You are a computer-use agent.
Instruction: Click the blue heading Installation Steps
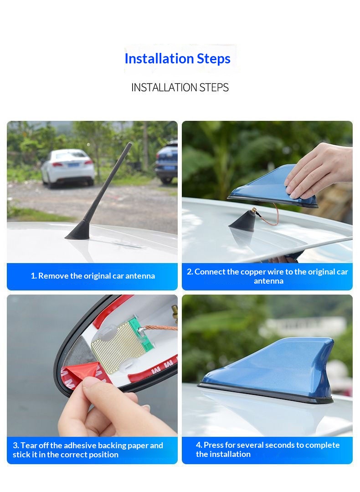tap(177, 59)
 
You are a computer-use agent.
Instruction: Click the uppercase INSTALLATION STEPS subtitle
tap(180, 87)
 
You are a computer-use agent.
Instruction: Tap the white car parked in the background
tap(68, 168)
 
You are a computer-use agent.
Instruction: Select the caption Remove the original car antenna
tap(93, 276)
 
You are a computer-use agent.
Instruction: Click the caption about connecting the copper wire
tap(267, 276)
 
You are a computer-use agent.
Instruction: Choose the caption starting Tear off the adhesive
tap(88, 450)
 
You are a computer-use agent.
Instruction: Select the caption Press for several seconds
tap(267, 449)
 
